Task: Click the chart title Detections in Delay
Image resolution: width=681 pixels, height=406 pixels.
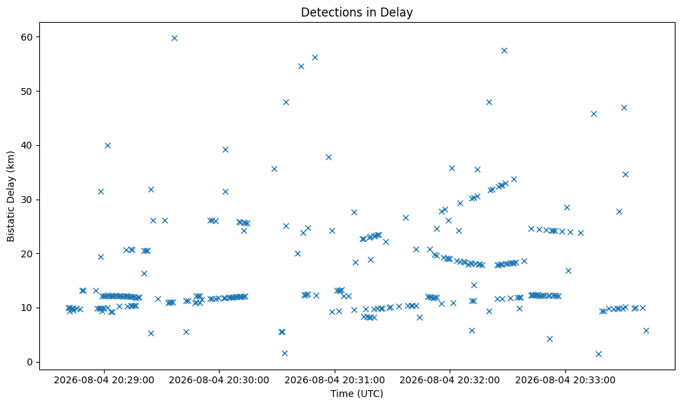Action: point(357,12)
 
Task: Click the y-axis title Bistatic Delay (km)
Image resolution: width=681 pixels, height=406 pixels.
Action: point(10,196)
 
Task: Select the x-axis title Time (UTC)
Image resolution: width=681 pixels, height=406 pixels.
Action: point(357,394)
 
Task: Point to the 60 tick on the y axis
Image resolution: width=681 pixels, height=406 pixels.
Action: point(28,37)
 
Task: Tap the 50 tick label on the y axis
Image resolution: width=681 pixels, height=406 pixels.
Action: point(28,92)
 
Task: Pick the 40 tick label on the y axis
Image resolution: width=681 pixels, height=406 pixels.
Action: point(28,145)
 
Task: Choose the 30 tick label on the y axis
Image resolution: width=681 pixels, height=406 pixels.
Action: point(28,200)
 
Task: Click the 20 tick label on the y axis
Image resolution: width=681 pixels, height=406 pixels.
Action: point(28,254)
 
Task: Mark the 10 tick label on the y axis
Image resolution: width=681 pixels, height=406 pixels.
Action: point(28,308)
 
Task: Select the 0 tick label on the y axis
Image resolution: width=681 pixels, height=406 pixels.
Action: point(30,362)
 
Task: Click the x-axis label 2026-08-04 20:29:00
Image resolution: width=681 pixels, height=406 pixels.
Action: point(104,381)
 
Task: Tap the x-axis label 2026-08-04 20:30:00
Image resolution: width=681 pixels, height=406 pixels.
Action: point(219,381)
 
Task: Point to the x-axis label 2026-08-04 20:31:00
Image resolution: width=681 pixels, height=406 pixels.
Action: point(335,381)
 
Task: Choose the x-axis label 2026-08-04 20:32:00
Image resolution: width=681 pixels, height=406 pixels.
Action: point(450,381)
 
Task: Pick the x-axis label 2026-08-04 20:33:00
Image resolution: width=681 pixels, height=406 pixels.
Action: point(565,381)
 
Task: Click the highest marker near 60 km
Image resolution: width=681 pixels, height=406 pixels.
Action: point(175,39)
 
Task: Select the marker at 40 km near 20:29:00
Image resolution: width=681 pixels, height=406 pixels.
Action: point(107,145)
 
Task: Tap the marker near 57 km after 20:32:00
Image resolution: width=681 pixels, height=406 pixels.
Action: point(504,50)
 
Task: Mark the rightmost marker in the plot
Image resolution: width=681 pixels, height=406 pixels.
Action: point(646,330)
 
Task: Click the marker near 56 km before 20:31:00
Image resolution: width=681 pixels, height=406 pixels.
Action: point(315,57)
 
